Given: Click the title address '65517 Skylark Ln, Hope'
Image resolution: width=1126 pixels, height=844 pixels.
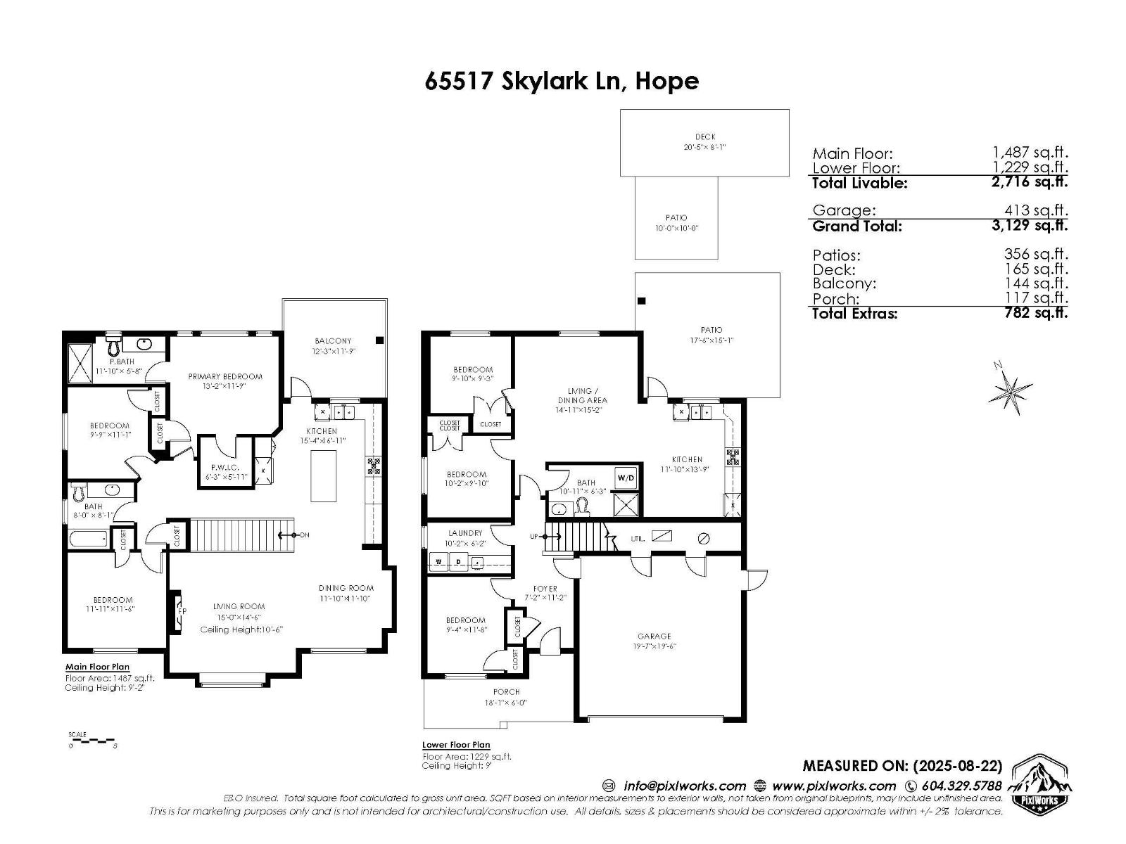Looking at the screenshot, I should [562, 81].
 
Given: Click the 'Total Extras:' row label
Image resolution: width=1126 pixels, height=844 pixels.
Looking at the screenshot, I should [854, 314].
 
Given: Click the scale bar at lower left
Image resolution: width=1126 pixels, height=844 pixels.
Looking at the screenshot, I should [91, 741].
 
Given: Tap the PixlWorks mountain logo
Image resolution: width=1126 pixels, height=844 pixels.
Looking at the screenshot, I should [1040, 784].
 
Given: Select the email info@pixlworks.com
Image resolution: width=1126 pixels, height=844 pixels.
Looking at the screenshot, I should [684, 786].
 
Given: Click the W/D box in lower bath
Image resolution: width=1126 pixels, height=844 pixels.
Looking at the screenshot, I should [626, 478].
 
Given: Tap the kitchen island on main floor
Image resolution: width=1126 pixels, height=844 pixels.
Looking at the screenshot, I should [324, 475].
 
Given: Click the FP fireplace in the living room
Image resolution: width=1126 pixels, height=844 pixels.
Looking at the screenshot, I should [180, 611].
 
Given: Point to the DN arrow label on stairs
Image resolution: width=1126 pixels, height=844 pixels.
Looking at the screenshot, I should [304, 535].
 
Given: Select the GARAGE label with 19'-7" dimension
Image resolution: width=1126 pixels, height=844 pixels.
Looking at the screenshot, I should [654, 641].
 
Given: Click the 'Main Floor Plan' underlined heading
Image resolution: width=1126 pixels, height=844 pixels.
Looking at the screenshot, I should [97, 667].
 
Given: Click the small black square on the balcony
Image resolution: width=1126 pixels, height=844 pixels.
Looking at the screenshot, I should [379, 340].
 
